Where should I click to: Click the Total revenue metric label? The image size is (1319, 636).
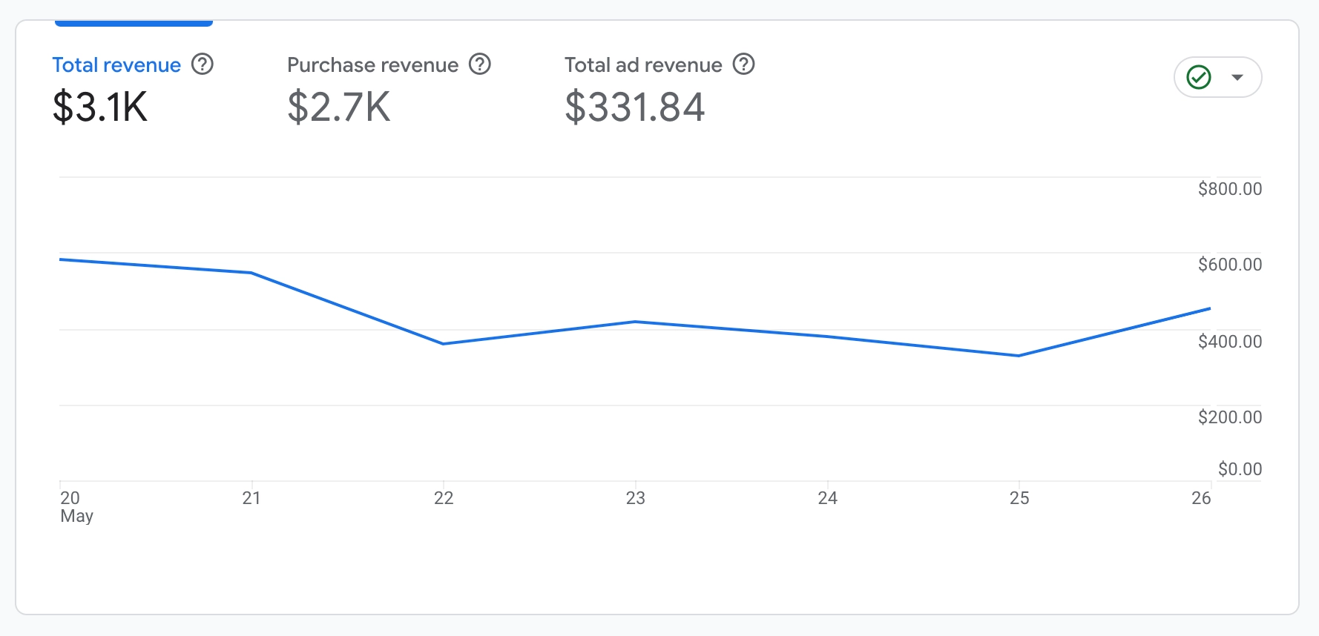click(x=116, y=65)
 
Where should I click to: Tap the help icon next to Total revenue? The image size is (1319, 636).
click(x=203, y=64)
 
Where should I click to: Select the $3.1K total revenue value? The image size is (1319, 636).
click(x=100, y=107)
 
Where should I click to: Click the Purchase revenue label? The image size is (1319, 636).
click(x=372, y=65)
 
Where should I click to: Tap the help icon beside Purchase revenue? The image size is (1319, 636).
click(x=480, y=64)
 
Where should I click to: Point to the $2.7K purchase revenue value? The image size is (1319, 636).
click(x=338, y=107)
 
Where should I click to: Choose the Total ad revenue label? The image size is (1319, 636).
click(x=643, y=65)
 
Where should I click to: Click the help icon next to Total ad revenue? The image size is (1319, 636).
click(x=744, y=64)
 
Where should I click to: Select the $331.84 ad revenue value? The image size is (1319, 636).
click(x=634, y=107)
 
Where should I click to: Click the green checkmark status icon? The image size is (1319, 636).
click(x=1199, y=77)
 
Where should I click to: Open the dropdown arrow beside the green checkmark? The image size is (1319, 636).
click(x=1237, y=77)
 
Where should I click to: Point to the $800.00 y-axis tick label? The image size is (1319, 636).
click(x=1229, y=189)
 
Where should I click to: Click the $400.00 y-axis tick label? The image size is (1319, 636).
click(x=1229, y=342)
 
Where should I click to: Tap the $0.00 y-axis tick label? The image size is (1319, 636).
click(x=1240, y=469)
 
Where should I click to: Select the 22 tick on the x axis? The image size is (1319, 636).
click(x=444, y=498)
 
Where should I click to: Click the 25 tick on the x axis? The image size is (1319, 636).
click(x=1019, y=498)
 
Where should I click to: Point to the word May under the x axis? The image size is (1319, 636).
click(x=77, y=516)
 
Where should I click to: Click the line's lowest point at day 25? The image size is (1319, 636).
click(x=1019, y=356)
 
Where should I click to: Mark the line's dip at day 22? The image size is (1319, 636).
click(x=444, y=344)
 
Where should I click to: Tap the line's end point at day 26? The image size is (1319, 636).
click(x=1210, y=308)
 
